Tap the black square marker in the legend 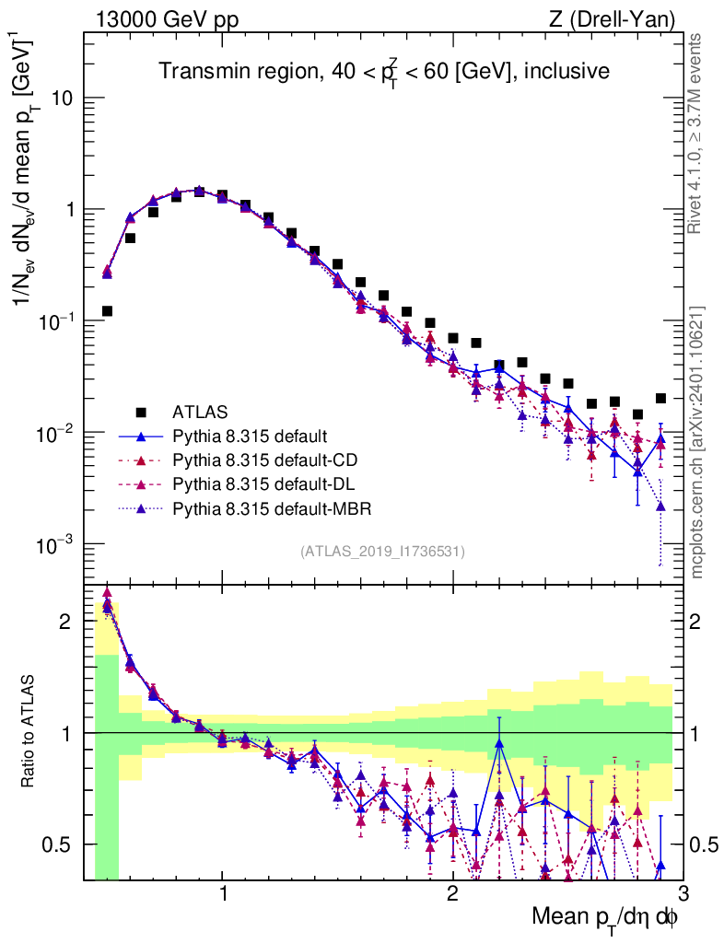click(141, 411)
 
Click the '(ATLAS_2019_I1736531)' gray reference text click(382, 552)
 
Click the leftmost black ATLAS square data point click(107, 311)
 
